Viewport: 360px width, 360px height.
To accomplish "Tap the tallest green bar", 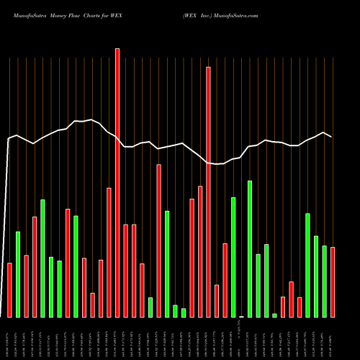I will coord(250,248).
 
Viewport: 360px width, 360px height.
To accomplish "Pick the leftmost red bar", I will coord(9,289).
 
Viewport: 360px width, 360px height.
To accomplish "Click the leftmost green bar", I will coord(18,274).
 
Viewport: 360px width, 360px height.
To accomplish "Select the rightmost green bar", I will coord(325,281).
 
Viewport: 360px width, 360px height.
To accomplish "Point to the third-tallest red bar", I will coord(159,240).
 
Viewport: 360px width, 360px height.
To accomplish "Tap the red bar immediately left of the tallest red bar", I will coord(109,252).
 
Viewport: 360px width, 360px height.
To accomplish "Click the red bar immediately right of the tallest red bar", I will coord(125,271).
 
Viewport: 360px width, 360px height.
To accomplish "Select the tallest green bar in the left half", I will coord(42,258).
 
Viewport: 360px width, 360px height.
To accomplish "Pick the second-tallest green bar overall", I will coord(233,256).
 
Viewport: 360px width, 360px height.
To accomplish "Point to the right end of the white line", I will coord(332,137).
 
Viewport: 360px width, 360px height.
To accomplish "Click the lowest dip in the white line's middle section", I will coord(216,164).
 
